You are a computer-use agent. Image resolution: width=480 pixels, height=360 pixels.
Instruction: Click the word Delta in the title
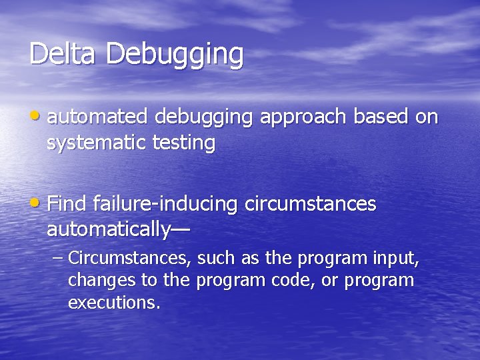63,54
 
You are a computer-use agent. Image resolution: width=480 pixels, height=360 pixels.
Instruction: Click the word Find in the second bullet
68,203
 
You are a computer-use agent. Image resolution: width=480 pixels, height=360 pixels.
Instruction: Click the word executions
114,303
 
